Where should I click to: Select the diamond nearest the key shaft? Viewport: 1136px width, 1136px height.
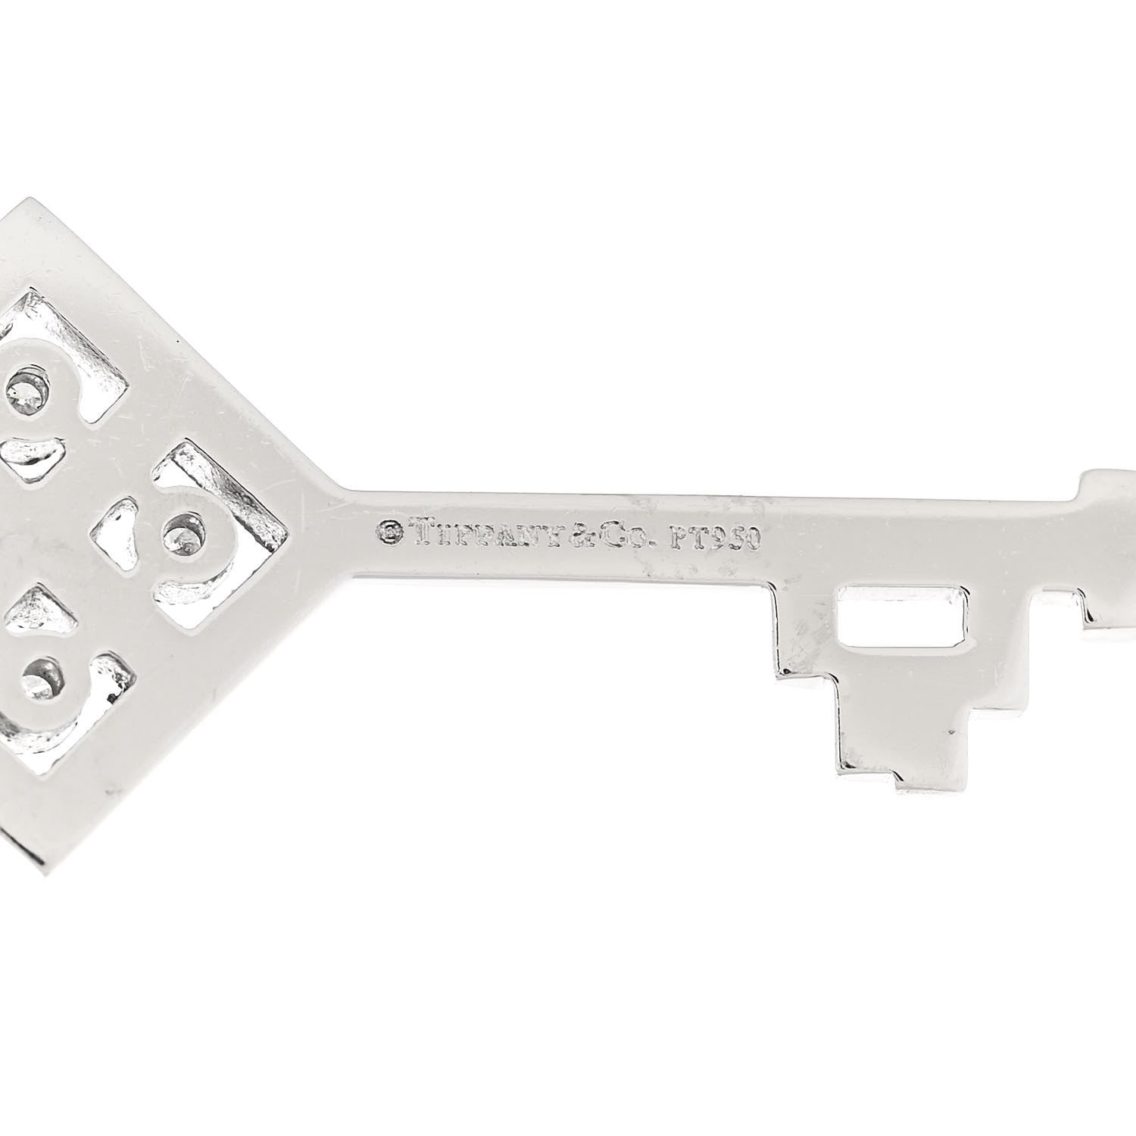[x=181, y=533]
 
